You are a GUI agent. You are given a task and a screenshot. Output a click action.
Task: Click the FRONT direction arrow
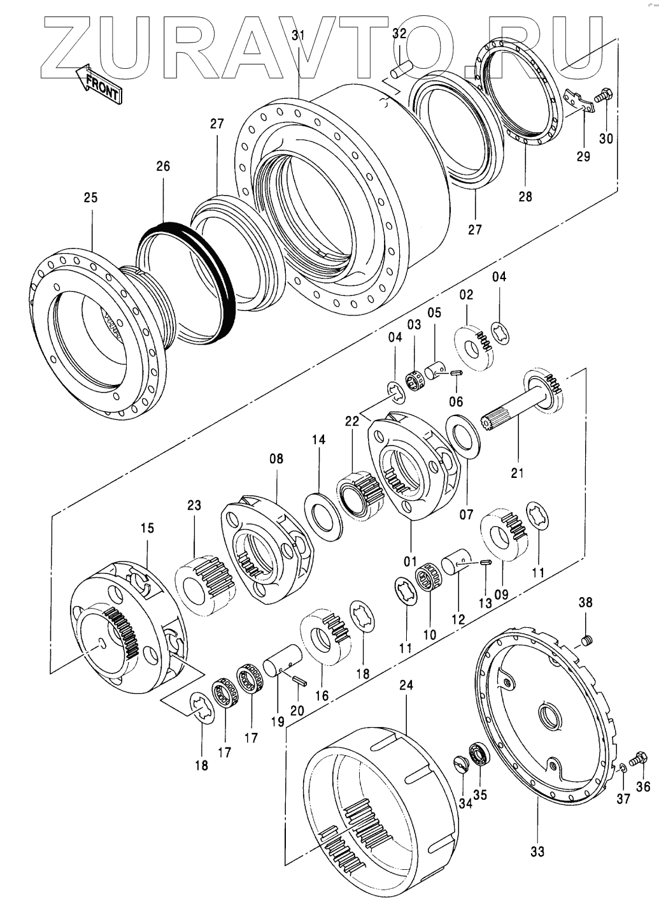[98, 85]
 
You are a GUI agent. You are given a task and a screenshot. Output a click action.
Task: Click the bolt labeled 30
[604, 96]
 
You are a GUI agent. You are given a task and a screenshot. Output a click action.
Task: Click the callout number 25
[91, 198]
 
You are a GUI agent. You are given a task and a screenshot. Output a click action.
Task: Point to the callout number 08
[276, 458]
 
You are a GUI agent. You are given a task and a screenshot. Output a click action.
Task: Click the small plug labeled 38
[589, 639]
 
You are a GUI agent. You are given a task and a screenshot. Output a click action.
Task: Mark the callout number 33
[537, 851]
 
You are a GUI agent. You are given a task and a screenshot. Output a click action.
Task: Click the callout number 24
[406, 686]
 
